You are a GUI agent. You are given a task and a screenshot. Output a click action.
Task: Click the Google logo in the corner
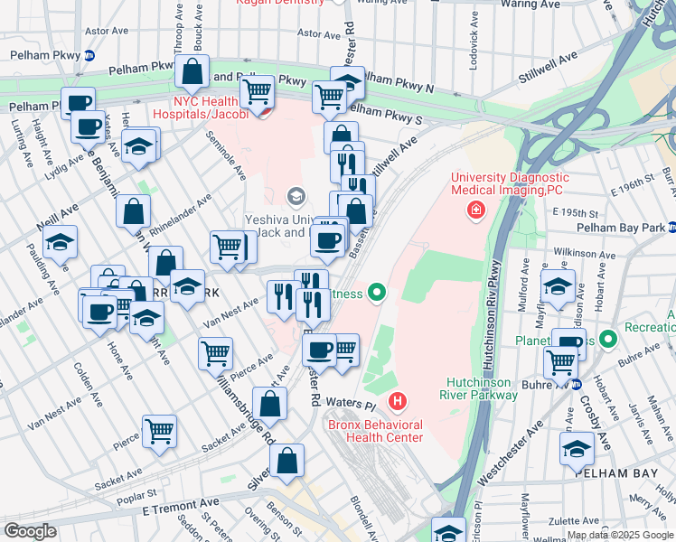(x=29, y=531)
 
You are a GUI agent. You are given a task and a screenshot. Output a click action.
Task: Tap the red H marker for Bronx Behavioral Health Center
(x=396, y=400)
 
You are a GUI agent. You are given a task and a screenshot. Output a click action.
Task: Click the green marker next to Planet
(x=608, y=340)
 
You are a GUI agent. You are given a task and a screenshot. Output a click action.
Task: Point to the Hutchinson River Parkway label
(x=482, y=388)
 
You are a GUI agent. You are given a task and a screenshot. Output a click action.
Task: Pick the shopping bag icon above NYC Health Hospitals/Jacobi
(x=192, y=71)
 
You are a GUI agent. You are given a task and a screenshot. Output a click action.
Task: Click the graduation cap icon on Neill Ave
(x=60, y=243)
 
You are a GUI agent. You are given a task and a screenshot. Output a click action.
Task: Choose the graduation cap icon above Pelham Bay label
(x=576, y=448)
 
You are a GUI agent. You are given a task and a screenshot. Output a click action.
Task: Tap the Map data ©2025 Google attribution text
(x=619, y=535)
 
